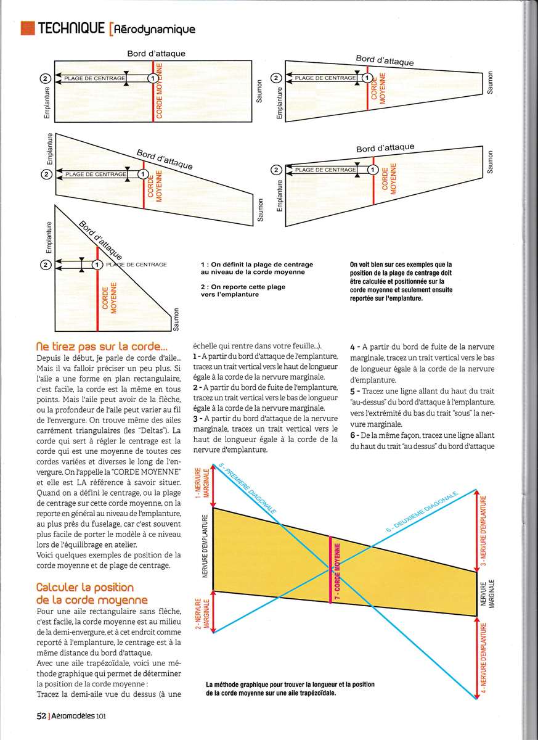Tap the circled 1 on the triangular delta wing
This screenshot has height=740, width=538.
97,265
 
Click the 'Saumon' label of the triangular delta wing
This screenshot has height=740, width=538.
176,318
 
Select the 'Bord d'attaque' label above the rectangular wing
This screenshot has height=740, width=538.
156,54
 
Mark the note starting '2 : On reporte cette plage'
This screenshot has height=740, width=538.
243,290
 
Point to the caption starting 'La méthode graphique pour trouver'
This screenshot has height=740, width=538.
290,688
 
